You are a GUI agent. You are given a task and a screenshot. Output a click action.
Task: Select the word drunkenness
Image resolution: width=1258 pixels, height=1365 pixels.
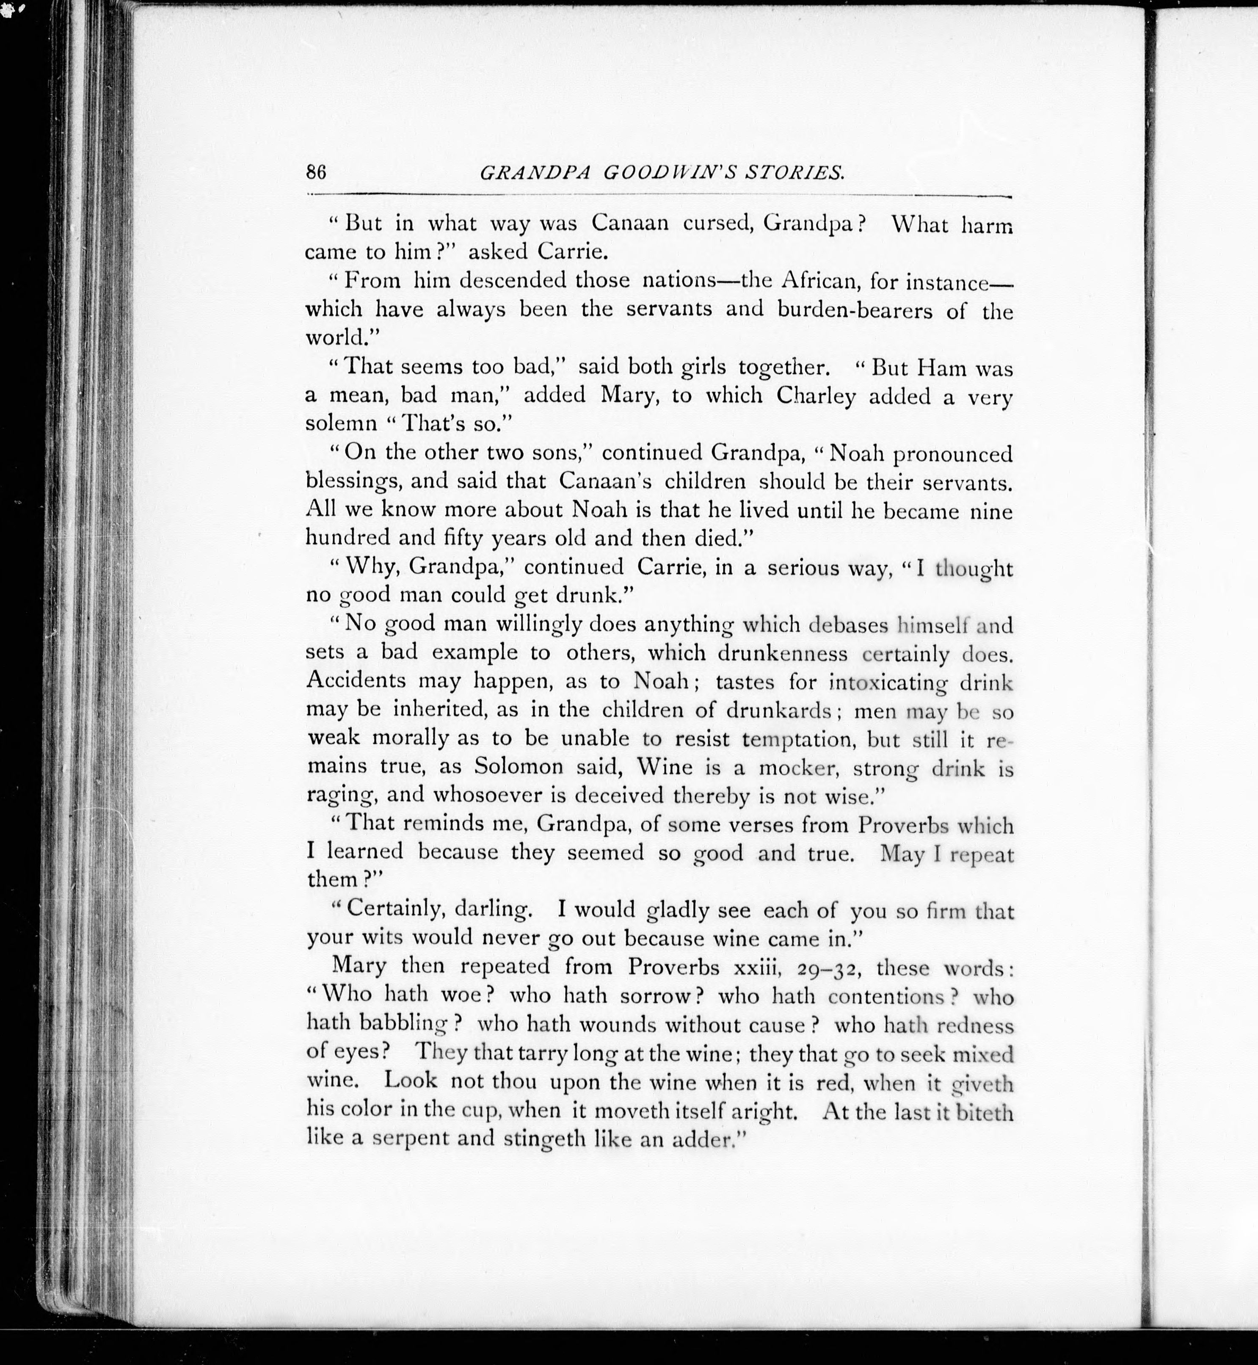[783, 654]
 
